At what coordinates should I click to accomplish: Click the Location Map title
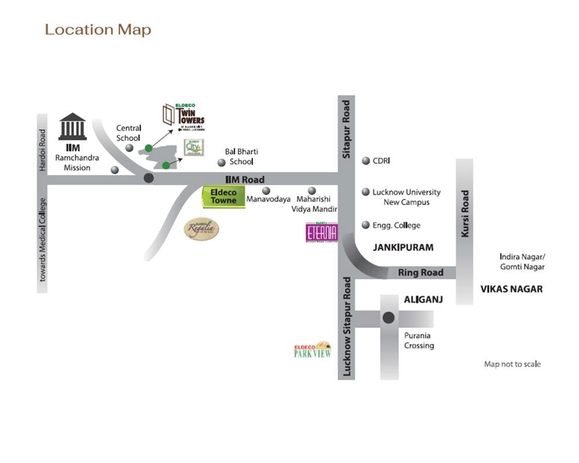click(x=98, y=30)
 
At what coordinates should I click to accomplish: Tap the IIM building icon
click(x=72, y=127)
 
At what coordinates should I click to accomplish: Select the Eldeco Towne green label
click(x=223, y=197)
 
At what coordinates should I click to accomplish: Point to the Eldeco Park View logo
click(x=313, y=350)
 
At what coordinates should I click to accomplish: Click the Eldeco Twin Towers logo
click(x=184, y=115)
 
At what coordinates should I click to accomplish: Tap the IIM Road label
click(x=244, y=180)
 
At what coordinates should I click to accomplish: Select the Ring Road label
click(x=421, y=273)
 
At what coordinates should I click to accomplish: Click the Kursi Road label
click(x=464, y=214)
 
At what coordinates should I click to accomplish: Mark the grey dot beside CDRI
click(x=366, y=161)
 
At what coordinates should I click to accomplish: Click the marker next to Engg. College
click(x=366, y=225)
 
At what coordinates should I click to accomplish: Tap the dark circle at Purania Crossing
click(x=389, y=318)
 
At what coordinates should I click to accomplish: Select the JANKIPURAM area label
click(x=403, y=248)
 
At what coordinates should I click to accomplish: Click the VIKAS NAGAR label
click(x=511, y=289)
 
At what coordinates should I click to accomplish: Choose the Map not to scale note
click(x=512, y=364)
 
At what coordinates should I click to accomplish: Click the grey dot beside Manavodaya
click(x=266, y=190)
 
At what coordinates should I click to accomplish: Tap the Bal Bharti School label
click(x=241, y=157)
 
